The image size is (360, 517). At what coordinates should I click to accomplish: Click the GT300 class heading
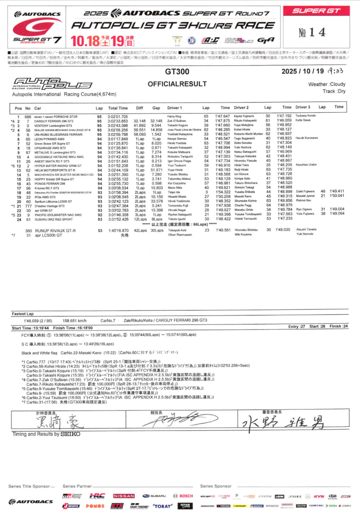pos(177,71)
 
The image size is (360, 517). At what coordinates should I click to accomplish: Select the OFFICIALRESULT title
pos(177,84)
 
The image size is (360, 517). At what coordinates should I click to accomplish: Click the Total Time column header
pos(118,108)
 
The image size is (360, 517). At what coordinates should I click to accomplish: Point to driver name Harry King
pos(174,116)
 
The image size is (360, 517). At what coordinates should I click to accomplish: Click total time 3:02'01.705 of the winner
pos(118,117)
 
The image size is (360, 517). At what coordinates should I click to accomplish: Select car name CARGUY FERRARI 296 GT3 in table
pos(54,121)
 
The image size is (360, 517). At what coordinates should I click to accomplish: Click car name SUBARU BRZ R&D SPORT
pos(54,219)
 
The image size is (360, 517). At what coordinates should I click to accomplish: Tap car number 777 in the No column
pos(28,206)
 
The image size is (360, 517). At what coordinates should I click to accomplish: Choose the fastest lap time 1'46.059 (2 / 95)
pos(38,321)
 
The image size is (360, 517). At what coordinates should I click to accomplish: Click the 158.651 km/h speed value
pos(74,321)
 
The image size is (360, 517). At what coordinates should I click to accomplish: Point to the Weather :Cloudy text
pos(327,84)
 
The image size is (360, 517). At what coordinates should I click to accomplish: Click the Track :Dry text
pos(334,91)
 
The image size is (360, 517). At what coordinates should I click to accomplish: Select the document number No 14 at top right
pos(312,32)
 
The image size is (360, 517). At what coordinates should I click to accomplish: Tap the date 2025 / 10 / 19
pos(302,71)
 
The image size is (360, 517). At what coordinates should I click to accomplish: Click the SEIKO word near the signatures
pos(70,434)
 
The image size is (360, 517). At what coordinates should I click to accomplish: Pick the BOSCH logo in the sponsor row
pos(183,496)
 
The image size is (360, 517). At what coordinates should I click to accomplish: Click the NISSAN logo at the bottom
pos(124,496)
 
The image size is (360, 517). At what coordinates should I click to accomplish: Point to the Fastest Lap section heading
pos(23,314)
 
